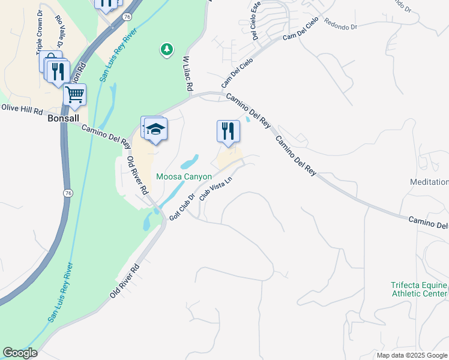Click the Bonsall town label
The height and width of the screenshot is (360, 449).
pos(63,118)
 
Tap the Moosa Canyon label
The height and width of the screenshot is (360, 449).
pos(184,176)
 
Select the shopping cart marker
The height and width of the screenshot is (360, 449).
pos(75,94)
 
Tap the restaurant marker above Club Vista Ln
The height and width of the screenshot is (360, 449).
pos(228,131)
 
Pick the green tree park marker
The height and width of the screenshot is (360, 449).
pos(167,49)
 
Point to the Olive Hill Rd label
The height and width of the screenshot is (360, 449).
pos(22,109)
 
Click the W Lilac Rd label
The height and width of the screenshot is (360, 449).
pos(187,74)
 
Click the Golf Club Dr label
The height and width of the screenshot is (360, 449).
pos(182,207)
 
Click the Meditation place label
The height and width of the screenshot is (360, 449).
pos(429,182)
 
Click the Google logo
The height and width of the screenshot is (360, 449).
pos(20,353)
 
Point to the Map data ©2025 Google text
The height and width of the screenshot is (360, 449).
pos(412,355)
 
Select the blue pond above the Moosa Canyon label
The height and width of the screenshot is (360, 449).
pos(189,162)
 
